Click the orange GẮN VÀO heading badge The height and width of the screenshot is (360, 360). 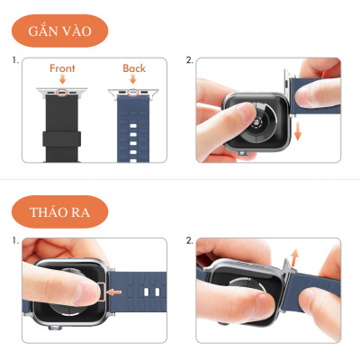[x=59, y=31]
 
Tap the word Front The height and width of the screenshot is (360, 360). [x=63, y=68]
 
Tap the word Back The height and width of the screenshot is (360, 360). [x=133, y=68]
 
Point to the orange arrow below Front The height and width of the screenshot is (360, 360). [x=63, y=80]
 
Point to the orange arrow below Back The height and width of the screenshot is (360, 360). [x=133, y=80]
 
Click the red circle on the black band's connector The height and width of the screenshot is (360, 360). [x=63, y=91]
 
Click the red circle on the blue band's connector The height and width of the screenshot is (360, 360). [x=133, y=91]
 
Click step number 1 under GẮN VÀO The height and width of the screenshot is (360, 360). [x=15, y=61]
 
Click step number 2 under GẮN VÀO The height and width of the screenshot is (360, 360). [x=189, y=61]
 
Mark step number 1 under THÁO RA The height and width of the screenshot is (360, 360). [x=15, y=241]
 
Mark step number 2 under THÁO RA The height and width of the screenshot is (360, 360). [x=189, y=241]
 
